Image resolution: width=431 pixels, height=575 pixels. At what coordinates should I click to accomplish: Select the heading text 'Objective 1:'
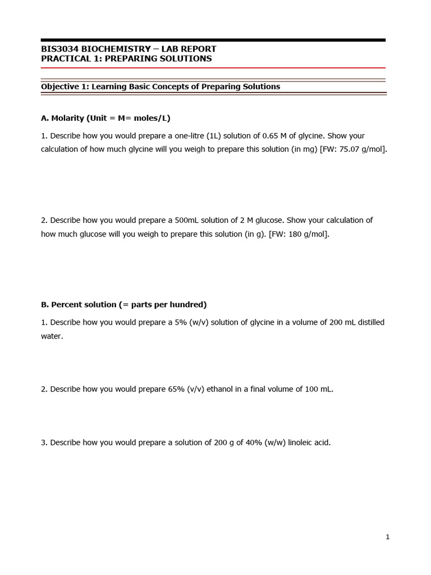[x=65, y=86]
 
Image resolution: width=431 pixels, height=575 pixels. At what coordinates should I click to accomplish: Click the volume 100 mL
[x=319, y=389]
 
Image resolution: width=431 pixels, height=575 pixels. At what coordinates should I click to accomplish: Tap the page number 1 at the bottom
[x=387, y=537]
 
